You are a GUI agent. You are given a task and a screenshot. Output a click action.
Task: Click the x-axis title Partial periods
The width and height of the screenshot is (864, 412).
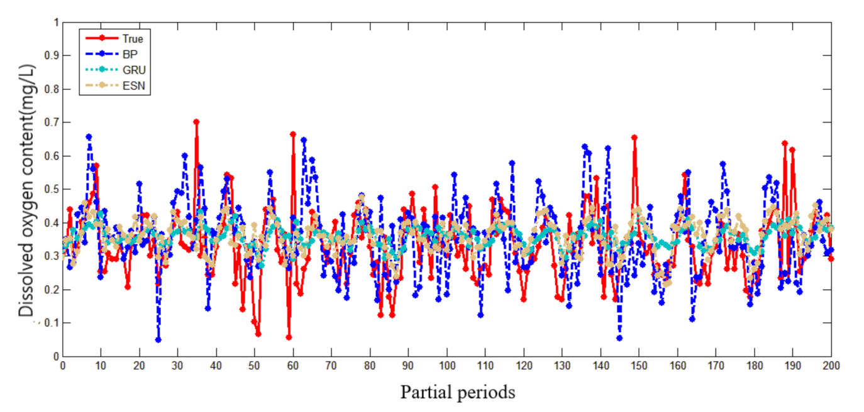click(457, 393)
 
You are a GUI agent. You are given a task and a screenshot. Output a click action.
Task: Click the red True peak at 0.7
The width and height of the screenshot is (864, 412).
click(196, 122)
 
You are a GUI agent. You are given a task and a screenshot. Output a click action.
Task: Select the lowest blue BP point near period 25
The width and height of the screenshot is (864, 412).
click(158, 340)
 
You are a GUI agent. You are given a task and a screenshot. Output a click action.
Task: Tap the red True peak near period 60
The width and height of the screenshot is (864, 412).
click(293, 134)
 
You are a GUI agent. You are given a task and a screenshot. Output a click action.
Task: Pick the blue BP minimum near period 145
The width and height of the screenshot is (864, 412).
click(619, 338)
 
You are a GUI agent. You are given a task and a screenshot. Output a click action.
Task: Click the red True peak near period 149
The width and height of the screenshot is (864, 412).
click(634, 137)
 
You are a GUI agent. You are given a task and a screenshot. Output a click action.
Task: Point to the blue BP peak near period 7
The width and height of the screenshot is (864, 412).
click(89, 136)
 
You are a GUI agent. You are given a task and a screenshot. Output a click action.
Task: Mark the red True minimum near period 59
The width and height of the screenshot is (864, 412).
click(289, 337)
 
